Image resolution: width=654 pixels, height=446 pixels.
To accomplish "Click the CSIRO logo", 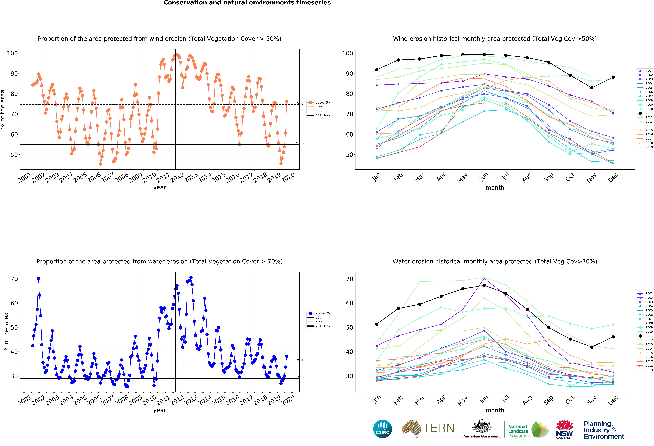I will [x=382, y=429].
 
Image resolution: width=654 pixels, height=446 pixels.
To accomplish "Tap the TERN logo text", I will [x=438, y=428].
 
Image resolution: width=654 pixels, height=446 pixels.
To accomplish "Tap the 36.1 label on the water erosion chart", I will [x=300, y=360].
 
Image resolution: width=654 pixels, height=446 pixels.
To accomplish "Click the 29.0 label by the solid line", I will [x=300, y=377].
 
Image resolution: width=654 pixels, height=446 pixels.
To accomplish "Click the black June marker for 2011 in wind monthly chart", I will [x=484, y=55].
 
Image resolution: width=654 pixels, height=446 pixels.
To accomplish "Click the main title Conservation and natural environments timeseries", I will [x=247, y=3].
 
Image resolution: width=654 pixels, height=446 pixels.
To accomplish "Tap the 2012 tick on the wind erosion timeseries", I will [x=177, y=177].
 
